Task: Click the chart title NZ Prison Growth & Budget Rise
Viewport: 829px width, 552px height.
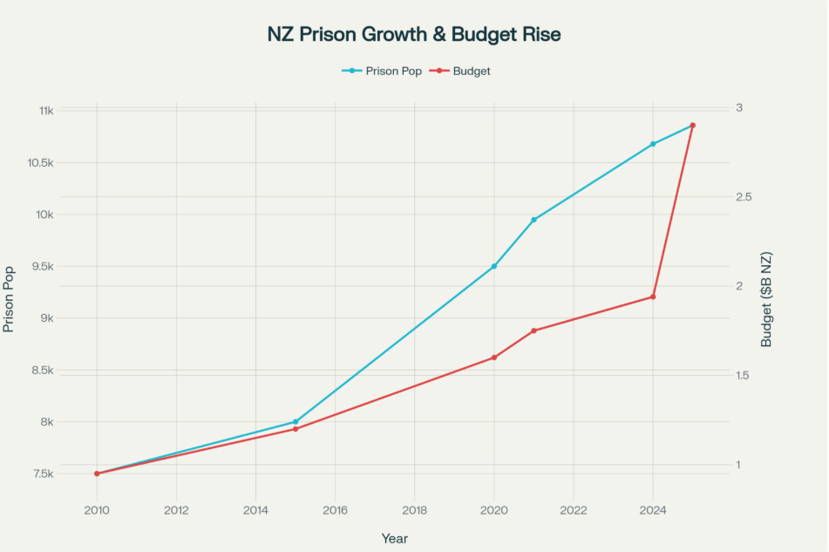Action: coord(414,35)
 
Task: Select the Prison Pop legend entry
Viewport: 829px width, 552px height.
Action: coord(382,71)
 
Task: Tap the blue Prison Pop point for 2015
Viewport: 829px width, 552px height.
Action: coord(296,422)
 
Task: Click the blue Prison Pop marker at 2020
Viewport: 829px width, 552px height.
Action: coord(494,266)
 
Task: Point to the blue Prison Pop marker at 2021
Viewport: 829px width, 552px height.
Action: coord(533,220)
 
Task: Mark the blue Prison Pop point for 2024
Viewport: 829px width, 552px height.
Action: coord(653,144)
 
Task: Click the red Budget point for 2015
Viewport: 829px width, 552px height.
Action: coord(296,429)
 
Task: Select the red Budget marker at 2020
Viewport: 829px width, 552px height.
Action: coord(494,358)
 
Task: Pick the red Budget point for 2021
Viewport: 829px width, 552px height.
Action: coord(533,331)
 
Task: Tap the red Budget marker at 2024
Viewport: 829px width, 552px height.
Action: coord(653,297)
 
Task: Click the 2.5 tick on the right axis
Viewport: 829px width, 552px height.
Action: coord(744,197)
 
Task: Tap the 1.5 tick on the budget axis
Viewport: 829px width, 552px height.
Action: coord(744,375)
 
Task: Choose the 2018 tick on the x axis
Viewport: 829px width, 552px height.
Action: coord(415,510)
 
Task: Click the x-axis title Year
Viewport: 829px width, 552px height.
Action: coord(394,538)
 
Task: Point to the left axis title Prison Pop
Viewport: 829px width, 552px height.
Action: coord(10,299)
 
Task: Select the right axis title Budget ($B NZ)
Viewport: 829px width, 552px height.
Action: coord(766,299)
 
